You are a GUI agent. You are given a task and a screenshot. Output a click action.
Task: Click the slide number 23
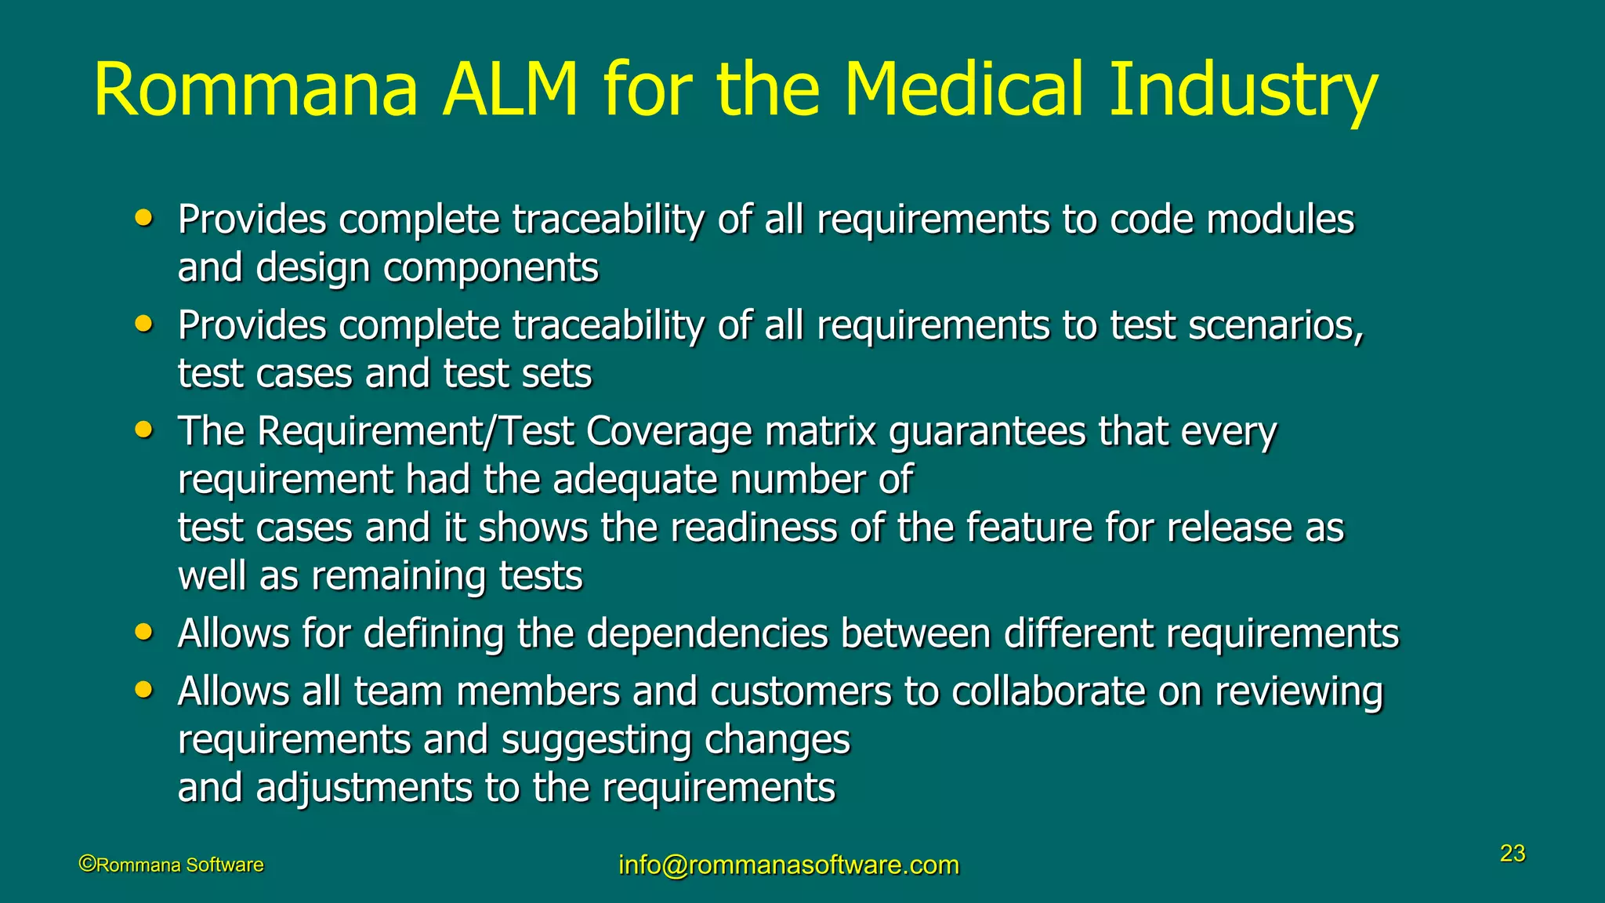point(1513,853)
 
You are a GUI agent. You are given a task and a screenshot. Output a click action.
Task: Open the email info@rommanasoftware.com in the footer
point(788,865)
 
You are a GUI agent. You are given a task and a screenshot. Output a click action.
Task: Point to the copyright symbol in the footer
point(87,864)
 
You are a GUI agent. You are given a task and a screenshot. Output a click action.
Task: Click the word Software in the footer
point(224,865)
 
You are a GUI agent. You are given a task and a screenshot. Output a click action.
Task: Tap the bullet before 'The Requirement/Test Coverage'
point(143,430)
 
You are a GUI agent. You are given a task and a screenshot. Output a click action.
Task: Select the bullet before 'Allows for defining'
point(143,632)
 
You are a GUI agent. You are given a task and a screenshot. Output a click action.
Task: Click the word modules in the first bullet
point(1281,219)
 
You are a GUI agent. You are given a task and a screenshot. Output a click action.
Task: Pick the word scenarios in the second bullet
point(1276,326)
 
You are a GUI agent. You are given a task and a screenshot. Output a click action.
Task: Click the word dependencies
point(707,634)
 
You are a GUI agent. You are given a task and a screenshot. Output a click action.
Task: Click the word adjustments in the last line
point(364,788)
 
